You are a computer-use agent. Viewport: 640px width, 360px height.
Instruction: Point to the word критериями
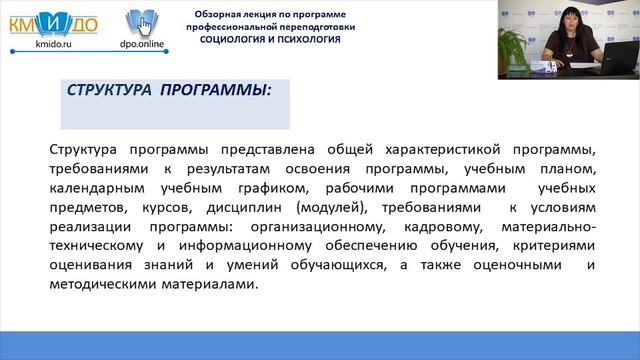click(552, 245)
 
